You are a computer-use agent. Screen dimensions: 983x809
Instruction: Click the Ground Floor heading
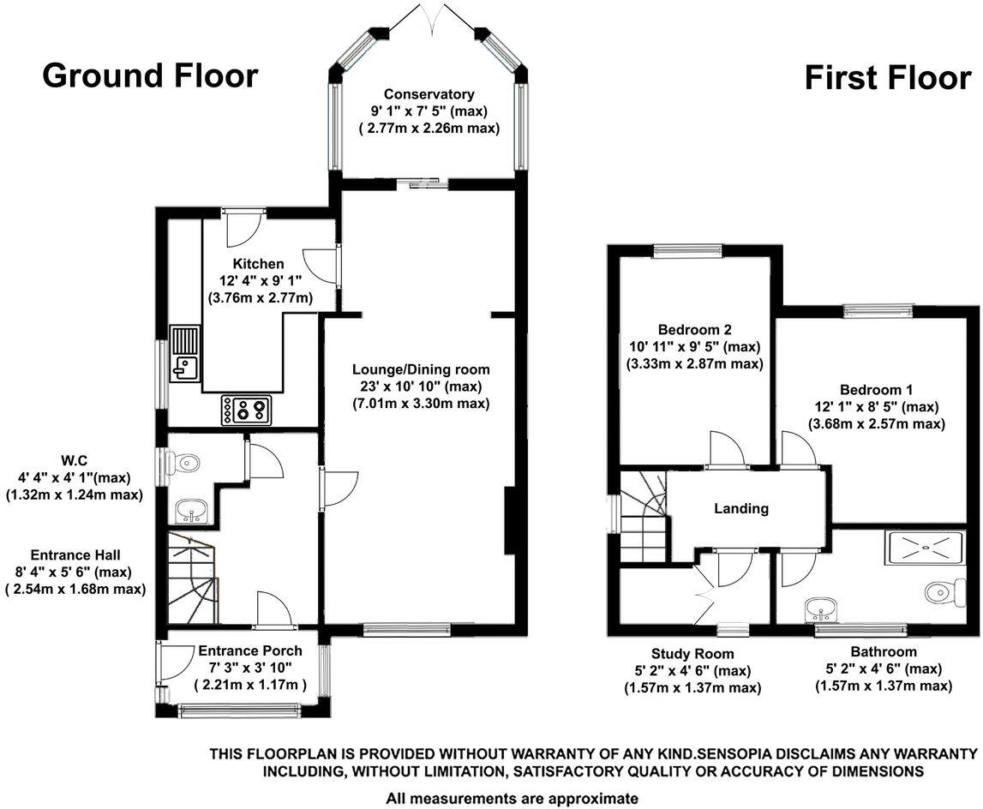click(150, 75)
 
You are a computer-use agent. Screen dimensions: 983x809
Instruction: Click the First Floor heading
click(887, 78)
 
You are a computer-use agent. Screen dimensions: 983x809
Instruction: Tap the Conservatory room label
click(429, 94)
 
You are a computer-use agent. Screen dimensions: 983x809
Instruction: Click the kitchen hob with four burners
click(247, 409)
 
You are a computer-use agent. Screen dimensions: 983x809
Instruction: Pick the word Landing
click(741, 508)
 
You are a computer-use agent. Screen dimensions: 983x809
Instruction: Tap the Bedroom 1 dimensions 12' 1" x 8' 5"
click(876, 406)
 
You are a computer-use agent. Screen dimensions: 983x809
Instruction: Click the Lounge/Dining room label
click(421, 370)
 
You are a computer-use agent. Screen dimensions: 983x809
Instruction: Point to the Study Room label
click(692, 654)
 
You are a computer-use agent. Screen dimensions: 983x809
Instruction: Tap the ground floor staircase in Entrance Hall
click(190, 578)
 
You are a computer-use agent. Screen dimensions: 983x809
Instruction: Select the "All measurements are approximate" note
click(512, 798)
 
